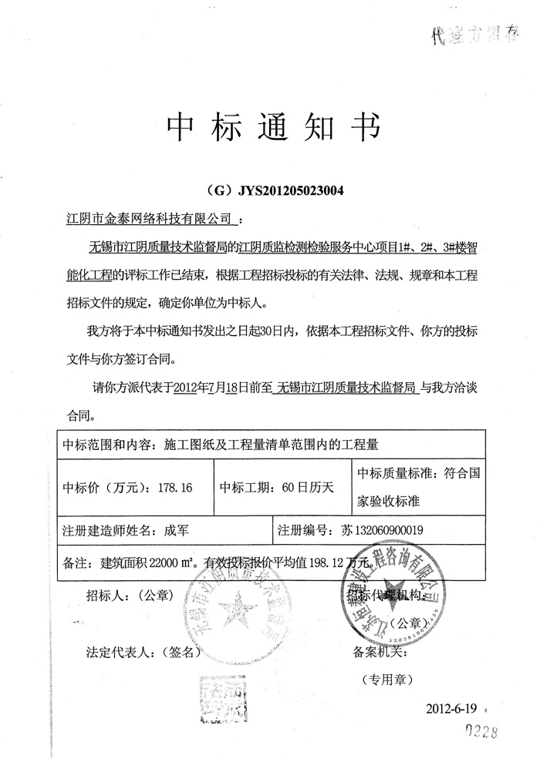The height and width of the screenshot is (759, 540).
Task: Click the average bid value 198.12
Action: point(332,563)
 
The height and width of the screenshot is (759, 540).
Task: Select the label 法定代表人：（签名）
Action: point(143,650)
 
